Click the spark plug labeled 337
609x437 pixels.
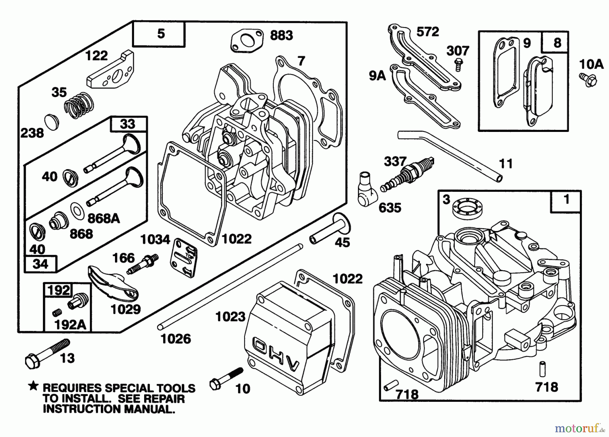click(406, 175)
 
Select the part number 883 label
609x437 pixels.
click(281, 35)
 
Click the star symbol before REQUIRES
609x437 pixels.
click(33, 386)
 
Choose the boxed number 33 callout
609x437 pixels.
click(128, 124)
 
